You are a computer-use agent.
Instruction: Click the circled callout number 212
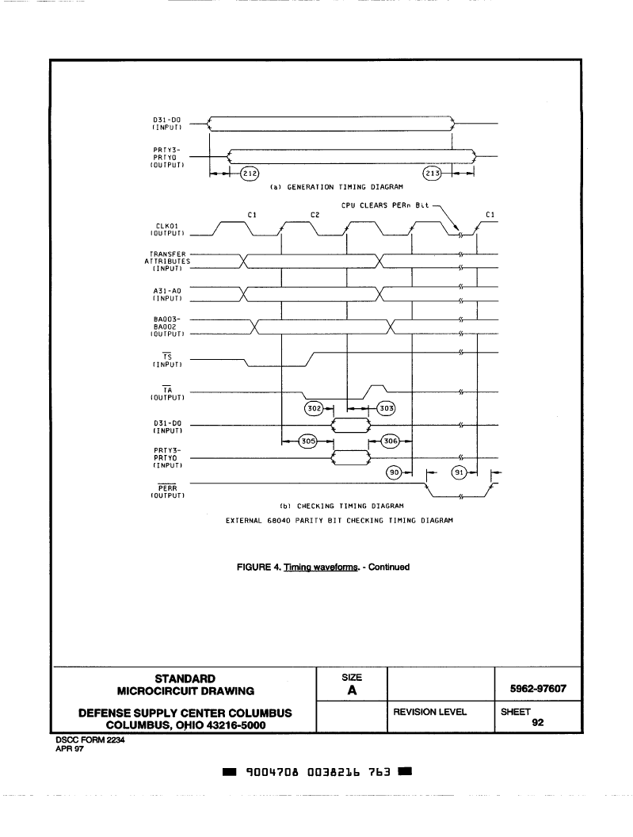click(250, 174)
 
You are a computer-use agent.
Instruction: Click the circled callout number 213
click(433, 174)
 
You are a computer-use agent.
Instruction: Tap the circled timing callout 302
click(315, 408)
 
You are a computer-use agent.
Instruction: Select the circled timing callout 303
click(387, 408)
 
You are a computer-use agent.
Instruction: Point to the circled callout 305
click(308, 441)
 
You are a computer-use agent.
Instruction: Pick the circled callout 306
click(391, 441)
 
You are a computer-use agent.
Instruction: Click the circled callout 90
click(394, 472)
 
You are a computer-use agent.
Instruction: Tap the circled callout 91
click(459, 472)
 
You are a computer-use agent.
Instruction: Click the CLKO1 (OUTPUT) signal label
click(168, 230)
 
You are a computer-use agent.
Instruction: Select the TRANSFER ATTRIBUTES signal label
click(167, 262)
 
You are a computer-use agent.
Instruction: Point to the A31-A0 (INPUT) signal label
click(167, 295)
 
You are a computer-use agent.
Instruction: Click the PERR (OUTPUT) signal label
click(168, 491)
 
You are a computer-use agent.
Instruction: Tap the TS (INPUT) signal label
click(167, 361)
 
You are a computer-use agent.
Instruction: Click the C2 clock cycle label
click(315, 215)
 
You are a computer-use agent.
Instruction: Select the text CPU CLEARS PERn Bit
click(385, 205)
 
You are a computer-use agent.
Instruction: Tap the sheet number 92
click(538, 722)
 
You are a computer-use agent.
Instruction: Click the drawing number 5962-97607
click(538, 689)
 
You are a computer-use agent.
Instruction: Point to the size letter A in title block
click(352, 690)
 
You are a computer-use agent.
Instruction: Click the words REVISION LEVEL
click(429, 712)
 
